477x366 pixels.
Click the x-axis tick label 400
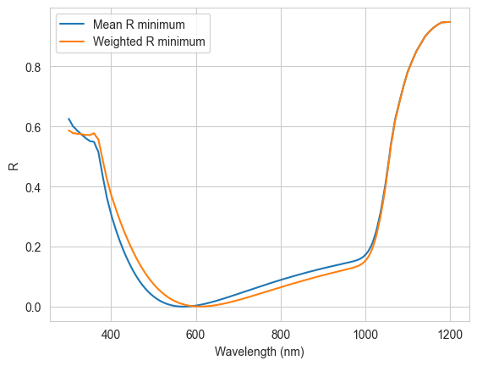tap(111, 335)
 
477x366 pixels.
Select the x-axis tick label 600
tap(196, 335)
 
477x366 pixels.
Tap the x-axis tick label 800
tap(281, 335)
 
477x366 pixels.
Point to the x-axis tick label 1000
tap(365, 335)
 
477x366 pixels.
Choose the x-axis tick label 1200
tap(450, 335)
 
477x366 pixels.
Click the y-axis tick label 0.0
tap(33, 308)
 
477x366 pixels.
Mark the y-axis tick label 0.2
tap(33, 247)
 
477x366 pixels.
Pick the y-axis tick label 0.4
tap(33, 187)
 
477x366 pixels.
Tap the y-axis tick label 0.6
tap(33, 127)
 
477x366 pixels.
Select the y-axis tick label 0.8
tap(33, 67)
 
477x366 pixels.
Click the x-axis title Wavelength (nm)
tap(260, 352)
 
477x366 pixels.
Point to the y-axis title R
tap(14, 166)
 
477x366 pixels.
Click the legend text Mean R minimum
tap(139, 25)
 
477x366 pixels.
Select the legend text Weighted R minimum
tap(149, 42)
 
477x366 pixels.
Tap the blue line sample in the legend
tap(72, 24)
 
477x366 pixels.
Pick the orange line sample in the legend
tap(72, 42)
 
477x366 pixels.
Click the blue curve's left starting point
tap(69, 119)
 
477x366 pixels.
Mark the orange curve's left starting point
tap(69, 130)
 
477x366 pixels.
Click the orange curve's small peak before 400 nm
tap(94, 133)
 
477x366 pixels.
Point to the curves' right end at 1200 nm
tap(450, 22)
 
